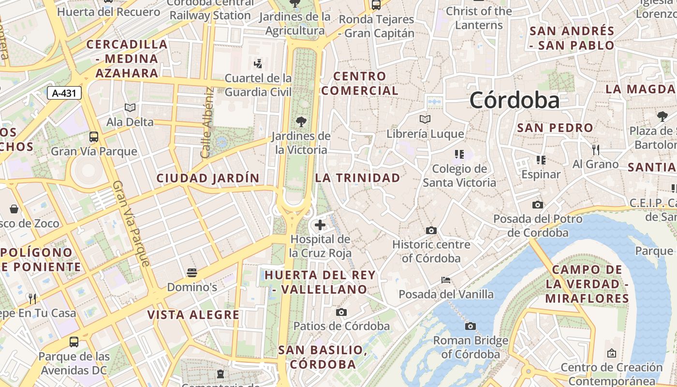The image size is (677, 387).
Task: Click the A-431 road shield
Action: pos(64,93)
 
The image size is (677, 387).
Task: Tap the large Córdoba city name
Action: pos(515,100)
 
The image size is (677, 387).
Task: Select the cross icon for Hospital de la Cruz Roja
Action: pos(320,225)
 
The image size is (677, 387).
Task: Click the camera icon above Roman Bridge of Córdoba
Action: pos(470,326)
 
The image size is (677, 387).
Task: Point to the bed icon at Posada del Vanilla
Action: pos(446,280)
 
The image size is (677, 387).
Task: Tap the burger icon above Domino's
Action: pos(192,273)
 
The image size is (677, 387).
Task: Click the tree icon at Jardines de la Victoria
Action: pos(301,121)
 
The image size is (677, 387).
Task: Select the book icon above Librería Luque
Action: pos(425,119)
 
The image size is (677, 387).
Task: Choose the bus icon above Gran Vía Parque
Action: pos(94,137)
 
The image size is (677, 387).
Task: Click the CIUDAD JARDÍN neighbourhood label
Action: pos(208,178)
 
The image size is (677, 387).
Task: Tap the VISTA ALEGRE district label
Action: pos(193,315)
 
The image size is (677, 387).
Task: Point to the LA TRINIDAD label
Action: pos(358,178)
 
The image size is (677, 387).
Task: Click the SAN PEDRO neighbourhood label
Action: pos(555,128)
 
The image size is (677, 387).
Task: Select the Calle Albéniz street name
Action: pos(207,122)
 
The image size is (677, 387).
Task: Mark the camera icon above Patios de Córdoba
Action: pos(341,312)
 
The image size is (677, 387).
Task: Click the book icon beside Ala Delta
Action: pos(130,107)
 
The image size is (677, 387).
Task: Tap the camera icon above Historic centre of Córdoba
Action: pos(431,230)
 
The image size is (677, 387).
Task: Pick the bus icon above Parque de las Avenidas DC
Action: pos(74,342)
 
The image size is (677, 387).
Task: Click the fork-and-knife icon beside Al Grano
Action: pos(596,149)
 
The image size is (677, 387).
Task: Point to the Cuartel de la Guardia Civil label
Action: pos(258,85)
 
